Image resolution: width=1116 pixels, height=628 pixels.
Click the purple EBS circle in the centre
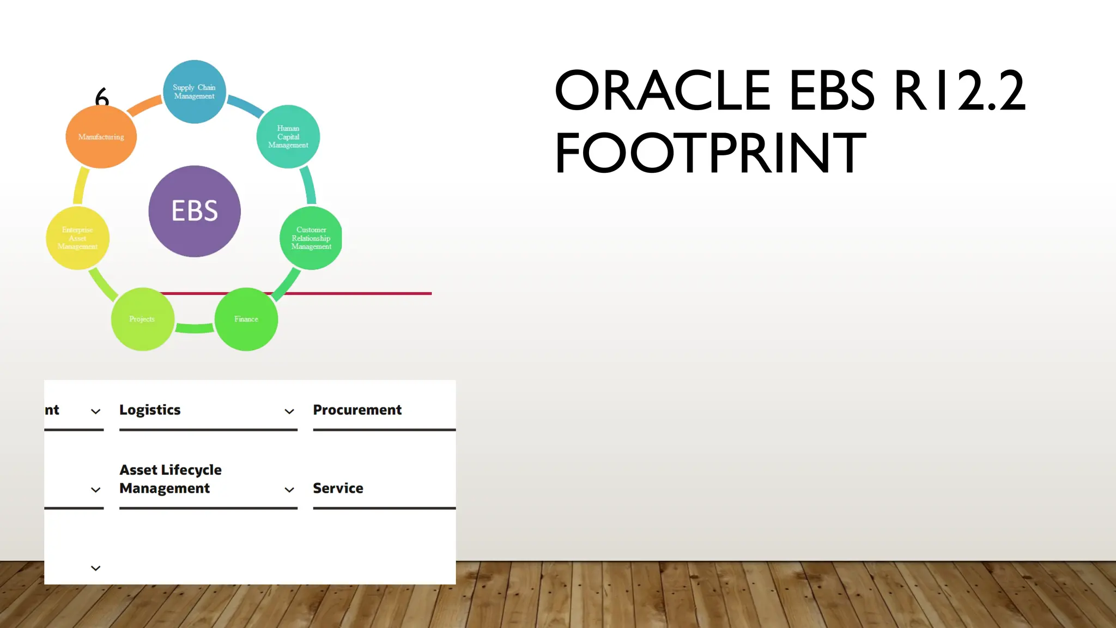click(x=195, y=211)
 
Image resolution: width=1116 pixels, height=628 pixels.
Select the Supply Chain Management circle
click(x=195, y=92)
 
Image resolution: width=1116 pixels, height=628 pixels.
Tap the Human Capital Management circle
click(x=288, y=136)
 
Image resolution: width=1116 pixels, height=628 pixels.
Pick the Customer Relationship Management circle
click(x=311, y=238)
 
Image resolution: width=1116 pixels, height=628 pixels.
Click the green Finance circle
click(x=246, y=319)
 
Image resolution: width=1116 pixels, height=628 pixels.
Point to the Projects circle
click(x=142, y=319)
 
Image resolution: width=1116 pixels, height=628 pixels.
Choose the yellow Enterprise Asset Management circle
click(x=77, y=238)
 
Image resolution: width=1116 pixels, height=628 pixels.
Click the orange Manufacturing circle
click(x=101, y=137)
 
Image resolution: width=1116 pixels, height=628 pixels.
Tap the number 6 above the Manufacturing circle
click(x=102, y=97)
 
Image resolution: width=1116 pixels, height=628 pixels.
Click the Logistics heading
click(x=150, y=410)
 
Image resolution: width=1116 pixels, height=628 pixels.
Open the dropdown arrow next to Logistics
click(x=289, y=412)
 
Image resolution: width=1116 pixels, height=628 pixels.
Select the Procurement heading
click(x=357, y=410)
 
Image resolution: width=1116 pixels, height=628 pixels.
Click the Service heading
click(x=338, y=488)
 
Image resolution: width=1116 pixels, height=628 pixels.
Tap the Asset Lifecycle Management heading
click(x=170, y=479)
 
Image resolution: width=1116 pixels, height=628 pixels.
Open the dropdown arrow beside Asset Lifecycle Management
click(x=289, y=490)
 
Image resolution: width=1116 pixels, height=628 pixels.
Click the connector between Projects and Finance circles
click(x=195, y=328)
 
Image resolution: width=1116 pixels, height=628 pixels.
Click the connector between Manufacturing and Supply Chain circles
click(x=145, y=106)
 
